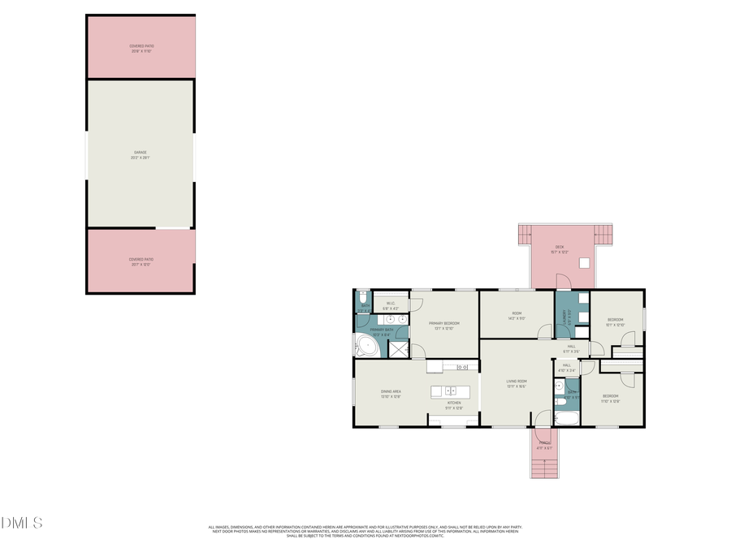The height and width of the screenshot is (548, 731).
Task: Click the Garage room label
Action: coord(141,155)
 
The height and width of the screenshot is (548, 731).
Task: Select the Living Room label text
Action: coord(517,383)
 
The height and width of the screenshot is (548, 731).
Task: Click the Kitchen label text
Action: coord(454,405)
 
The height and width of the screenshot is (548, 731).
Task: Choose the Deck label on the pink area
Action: coord(560,249)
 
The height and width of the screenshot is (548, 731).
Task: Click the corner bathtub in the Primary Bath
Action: coord(366,347)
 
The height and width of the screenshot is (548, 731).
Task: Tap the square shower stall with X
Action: coord(398,348)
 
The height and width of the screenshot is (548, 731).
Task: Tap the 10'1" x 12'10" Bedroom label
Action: coord(616,322)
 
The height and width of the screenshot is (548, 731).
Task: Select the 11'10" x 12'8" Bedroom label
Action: coord(611,399)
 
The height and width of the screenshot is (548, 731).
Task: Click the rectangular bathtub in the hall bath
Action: coord(566,419)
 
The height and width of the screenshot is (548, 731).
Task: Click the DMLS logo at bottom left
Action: coord(21,522)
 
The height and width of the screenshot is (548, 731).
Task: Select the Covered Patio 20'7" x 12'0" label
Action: coord(141,261)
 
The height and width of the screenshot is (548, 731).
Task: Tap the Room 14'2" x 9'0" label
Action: coord(517,316)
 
